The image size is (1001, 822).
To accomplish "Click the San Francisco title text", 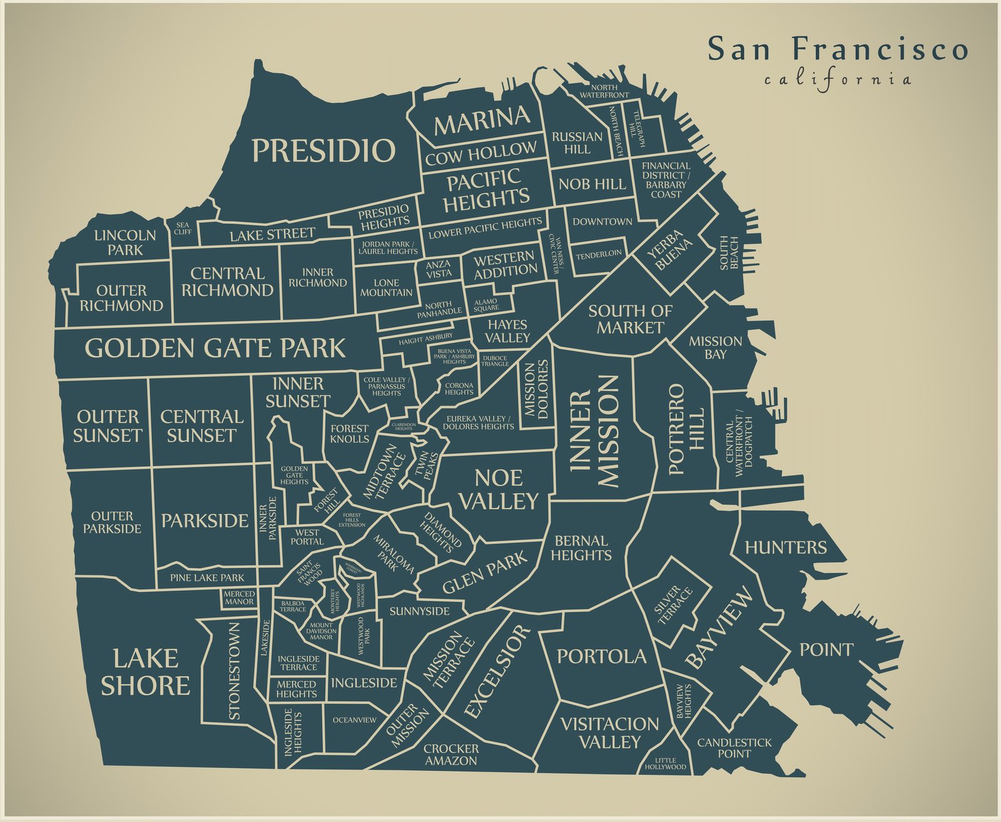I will [x=838, y=49].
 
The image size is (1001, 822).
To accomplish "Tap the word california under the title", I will [x=838, y=80].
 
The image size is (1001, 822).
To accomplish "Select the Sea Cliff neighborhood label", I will [x=183, y=228].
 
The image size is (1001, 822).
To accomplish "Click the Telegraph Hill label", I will [x=638, y=129].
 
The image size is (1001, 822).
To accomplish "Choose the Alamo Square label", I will [x=486, y=305].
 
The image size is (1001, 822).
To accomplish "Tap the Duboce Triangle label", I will [x=495, y=361].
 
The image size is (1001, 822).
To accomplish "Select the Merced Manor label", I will [x=239, y=597].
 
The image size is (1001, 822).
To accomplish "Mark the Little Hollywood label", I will [x=665, y=763].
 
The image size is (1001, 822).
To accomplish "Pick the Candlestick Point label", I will [x=734, y=748].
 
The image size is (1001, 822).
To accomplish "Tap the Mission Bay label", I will [x=715, y=347].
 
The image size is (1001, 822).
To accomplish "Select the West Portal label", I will [x=307, y=537].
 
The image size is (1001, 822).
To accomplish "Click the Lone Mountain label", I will [x=386, y=288].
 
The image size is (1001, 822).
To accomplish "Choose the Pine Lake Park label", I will [x=207, y=577].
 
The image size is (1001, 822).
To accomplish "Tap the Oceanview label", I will [x=354, y=720].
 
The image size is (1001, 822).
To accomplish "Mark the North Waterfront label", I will [x=604, y=91].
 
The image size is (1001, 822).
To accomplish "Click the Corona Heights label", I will [x=459, y=388].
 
